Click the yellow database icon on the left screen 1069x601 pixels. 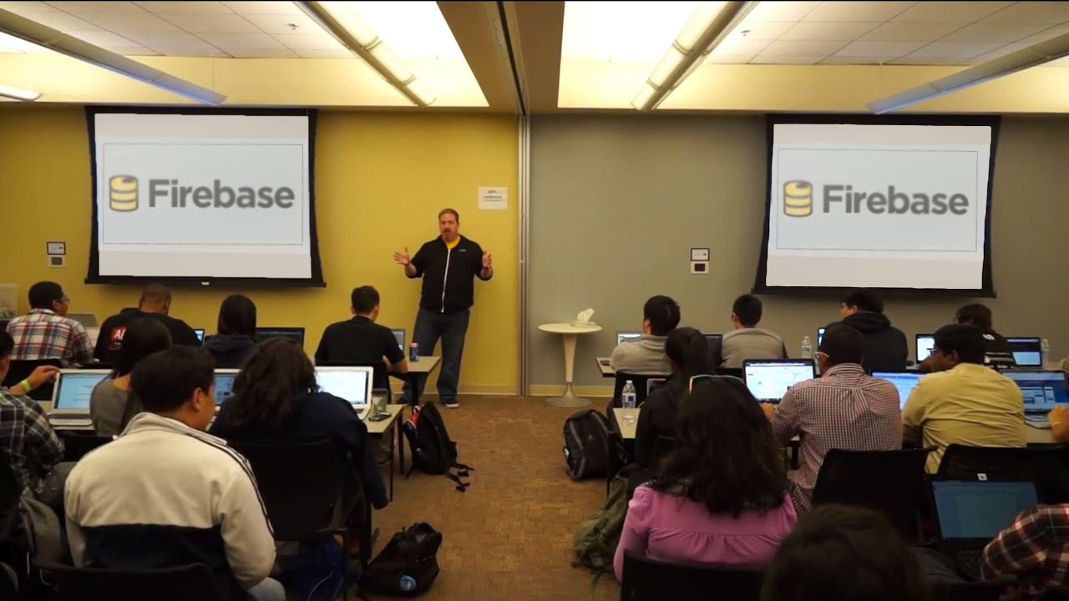124,193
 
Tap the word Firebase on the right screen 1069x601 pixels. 895,199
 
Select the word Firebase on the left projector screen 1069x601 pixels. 221,194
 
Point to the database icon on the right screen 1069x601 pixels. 798,199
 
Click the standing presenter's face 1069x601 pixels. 448,224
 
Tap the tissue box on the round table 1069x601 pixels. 584,317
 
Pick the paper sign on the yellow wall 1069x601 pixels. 492,198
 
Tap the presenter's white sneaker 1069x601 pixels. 451,403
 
